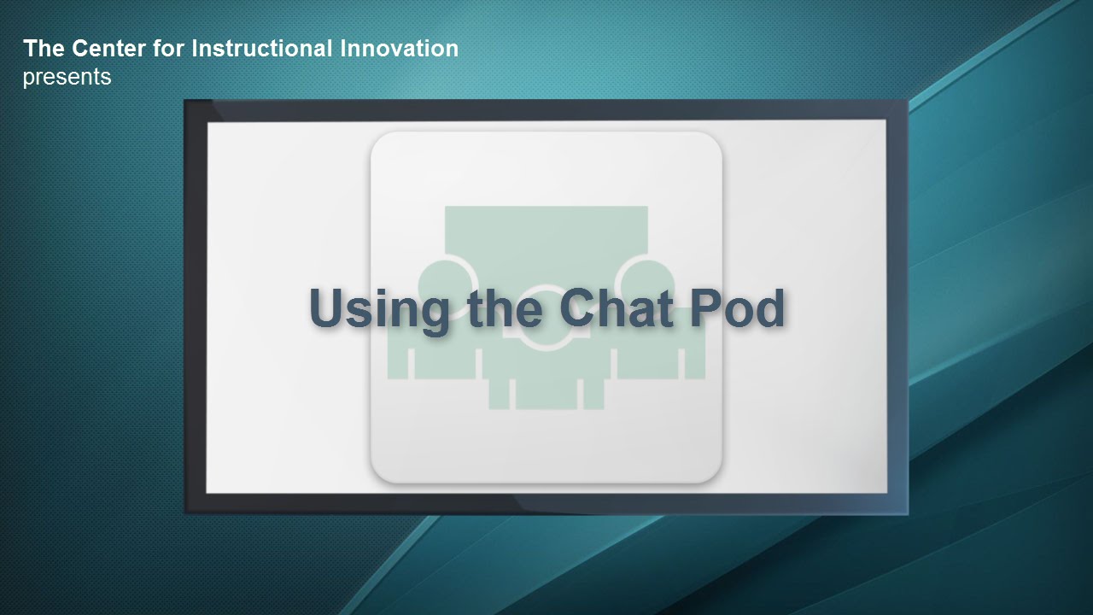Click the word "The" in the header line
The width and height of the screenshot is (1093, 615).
pyautogui.click(x=44, y=49)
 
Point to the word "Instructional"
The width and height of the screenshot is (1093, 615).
pyautogui.click(x=262, y=49)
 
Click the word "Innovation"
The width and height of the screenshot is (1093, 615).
pyautogui.click(x=399, y=49)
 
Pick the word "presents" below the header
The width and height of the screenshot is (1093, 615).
pyautogui.click(x=67, y=78)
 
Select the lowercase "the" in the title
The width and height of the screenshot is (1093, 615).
pyautogui.click(x=505, y=307)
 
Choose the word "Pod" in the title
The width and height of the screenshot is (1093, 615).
pyautogui.click(x=737, y=307)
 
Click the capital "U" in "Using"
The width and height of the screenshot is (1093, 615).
pyautogui.click(x=329, y=307)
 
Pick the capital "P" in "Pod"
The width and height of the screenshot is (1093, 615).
pyautogui.click(x=705, y=307)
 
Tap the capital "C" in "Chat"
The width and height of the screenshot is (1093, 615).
pyautogui.click(x=578, y=307)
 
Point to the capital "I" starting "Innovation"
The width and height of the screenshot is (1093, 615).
pyautogui.click(x=343, y=49)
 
